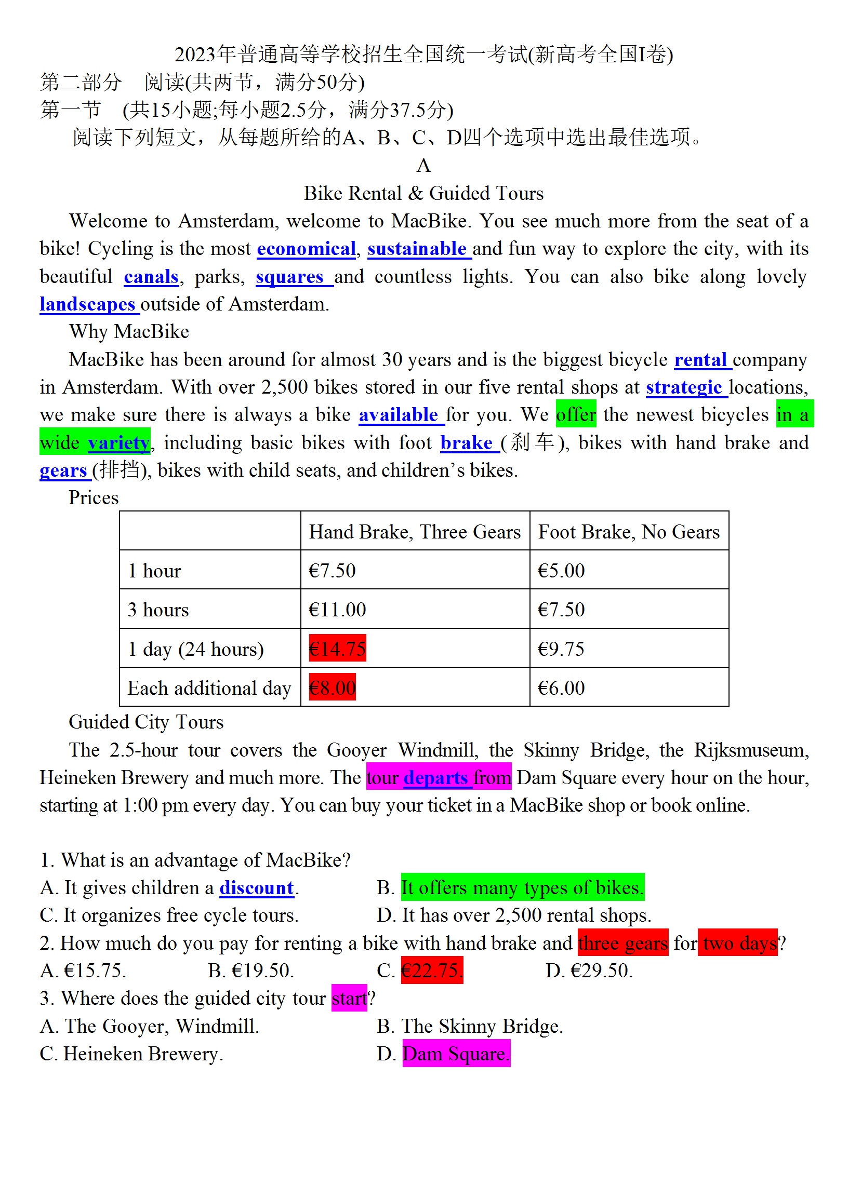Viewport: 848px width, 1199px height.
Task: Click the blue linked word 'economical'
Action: tap(306, 249)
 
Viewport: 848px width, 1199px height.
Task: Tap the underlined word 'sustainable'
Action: tap(416, 249)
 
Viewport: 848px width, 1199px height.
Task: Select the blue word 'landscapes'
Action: tap(87, 304)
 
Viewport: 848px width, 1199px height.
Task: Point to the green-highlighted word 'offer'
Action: tap(575, 415)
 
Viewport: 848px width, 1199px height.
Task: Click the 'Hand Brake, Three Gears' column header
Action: tap(414, 532)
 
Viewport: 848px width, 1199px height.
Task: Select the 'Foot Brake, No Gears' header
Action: tap(629, 532)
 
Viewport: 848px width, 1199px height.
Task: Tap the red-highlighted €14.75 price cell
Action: tap(337, 649)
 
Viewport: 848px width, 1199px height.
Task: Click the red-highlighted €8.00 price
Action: tap(333, 688)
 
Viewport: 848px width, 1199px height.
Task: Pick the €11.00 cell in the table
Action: tap(337, 610)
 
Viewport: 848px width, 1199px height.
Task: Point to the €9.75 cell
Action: tap(561, 649)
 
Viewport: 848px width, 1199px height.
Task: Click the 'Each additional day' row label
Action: tap(209, 688)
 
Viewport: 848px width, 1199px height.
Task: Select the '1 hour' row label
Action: tap(154, 571)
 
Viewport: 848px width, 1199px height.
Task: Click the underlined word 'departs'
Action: tap(435, 778)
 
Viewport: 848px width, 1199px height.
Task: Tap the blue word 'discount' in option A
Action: tap(257, 888)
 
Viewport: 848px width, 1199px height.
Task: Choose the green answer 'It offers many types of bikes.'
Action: tap(522, 888)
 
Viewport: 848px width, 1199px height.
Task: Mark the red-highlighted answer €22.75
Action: tap(432, 971)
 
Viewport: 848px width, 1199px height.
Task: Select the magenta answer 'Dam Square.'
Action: tap(456, 1054)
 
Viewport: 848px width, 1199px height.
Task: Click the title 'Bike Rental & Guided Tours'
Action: tap(423, 194)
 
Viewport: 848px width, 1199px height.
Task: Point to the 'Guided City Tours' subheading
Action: tap(146, 722)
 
